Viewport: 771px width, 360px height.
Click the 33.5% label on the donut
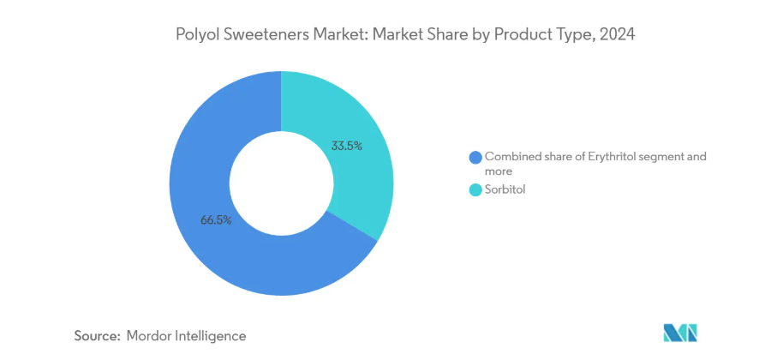pos(347,146)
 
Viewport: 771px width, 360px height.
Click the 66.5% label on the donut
pos(216,220)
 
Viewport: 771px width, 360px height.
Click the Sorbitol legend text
pos(505,190)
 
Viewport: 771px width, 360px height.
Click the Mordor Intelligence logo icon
pos(681,333)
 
